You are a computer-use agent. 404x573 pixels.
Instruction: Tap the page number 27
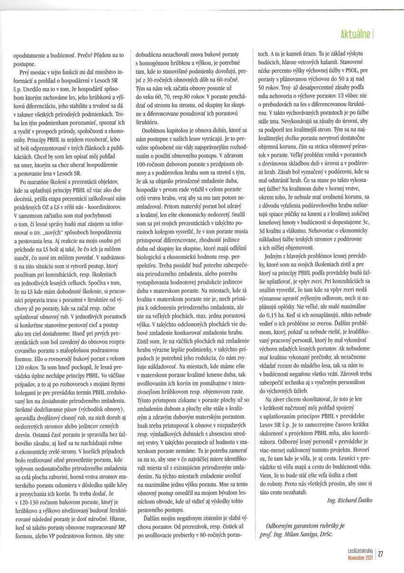click(381, 553)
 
